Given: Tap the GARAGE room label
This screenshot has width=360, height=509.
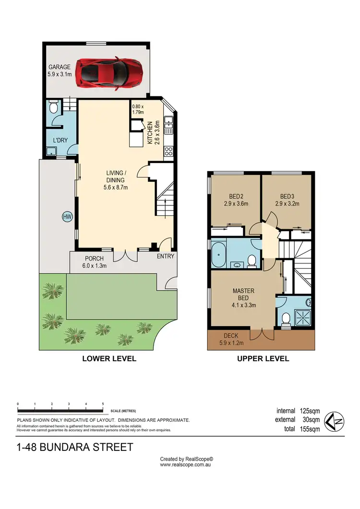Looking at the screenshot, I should pyautogui.click(x=59, y=68).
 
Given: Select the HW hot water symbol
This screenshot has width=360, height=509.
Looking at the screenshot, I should pyautogui.click(x=67, y=217).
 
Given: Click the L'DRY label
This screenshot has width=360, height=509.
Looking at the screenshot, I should pyautogui.click(x=60, y=140).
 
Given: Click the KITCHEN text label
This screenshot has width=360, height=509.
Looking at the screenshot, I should pyautogui.click(x=150, y=133).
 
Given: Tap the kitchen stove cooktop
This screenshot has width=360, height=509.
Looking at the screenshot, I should pyautogui.click(x=169, y=151).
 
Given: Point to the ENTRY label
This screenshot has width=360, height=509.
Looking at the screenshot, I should pyautogui.click(x=165, y=256).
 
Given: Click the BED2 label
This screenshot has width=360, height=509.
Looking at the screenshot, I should pyautogui.click(x=235, y=196).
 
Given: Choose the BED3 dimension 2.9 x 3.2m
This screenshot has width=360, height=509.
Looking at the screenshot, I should pyautogui.click(x=287, y=203).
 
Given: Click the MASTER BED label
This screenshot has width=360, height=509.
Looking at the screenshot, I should pyautogui.click(x=243, y=294).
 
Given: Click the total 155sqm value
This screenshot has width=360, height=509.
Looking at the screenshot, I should pyautogui.click(x=308, y=429).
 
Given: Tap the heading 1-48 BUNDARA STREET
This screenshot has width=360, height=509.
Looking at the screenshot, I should pyautogui.click(x=74, y=448).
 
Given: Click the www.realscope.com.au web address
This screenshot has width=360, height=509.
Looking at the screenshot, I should pyautogui.click(x=186, y=464).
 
